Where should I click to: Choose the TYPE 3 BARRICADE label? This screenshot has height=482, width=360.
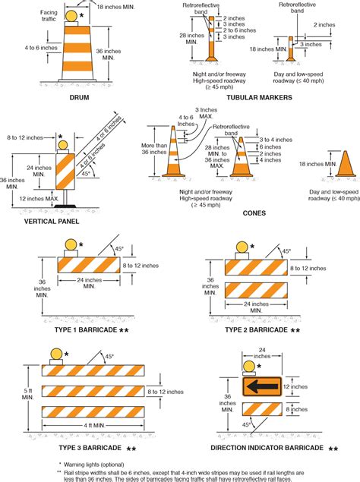(86, 449)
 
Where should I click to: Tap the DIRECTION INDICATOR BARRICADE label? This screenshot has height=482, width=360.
(267, 449)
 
